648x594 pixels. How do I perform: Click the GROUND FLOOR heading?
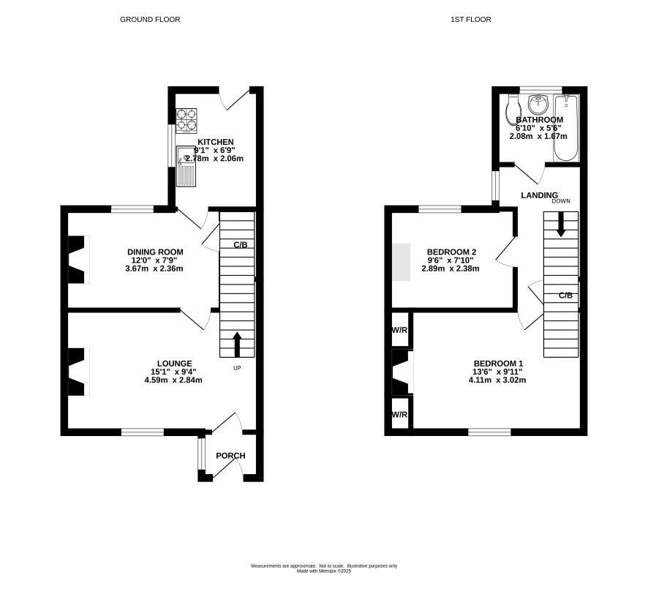coord(150,20)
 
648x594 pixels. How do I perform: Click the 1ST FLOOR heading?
coord(471,20)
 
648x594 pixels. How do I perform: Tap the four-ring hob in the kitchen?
coord(187,121)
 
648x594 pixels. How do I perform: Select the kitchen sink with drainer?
coord(187,166)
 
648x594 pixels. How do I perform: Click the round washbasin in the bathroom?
coord(538,104)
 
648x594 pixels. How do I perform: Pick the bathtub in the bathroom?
coord(566,128)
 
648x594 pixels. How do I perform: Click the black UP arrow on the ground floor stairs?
coord(237,344)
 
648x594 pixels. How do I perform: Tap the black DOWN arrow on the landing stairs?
coord(561,224)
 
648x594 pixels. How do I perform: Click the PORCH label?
coord(230,456)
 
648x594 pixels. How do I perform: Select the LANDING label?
coord(539,195)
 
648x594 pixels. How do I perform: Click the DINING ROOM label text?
coord(155,252)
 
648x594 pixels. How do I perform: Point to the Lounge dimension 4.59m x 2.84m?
coord(173,380)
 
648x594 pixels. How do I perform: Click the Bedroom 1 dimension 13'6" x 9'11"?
coord(497,372)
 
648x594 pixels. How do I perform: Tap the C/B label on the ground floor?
coord(241,245)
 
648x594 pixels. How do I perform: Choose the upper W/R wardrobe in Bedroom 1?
coord(399,329)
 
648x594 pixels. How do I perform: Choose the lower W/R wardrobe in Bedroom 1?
coord(399,413)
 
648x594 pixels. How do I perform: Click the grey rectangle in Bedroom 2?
coord(402,262)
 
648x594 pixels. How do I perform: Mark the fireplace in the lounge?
coord(78,372)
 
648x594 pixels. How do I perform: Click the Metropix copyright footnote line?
coord(324,571)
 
